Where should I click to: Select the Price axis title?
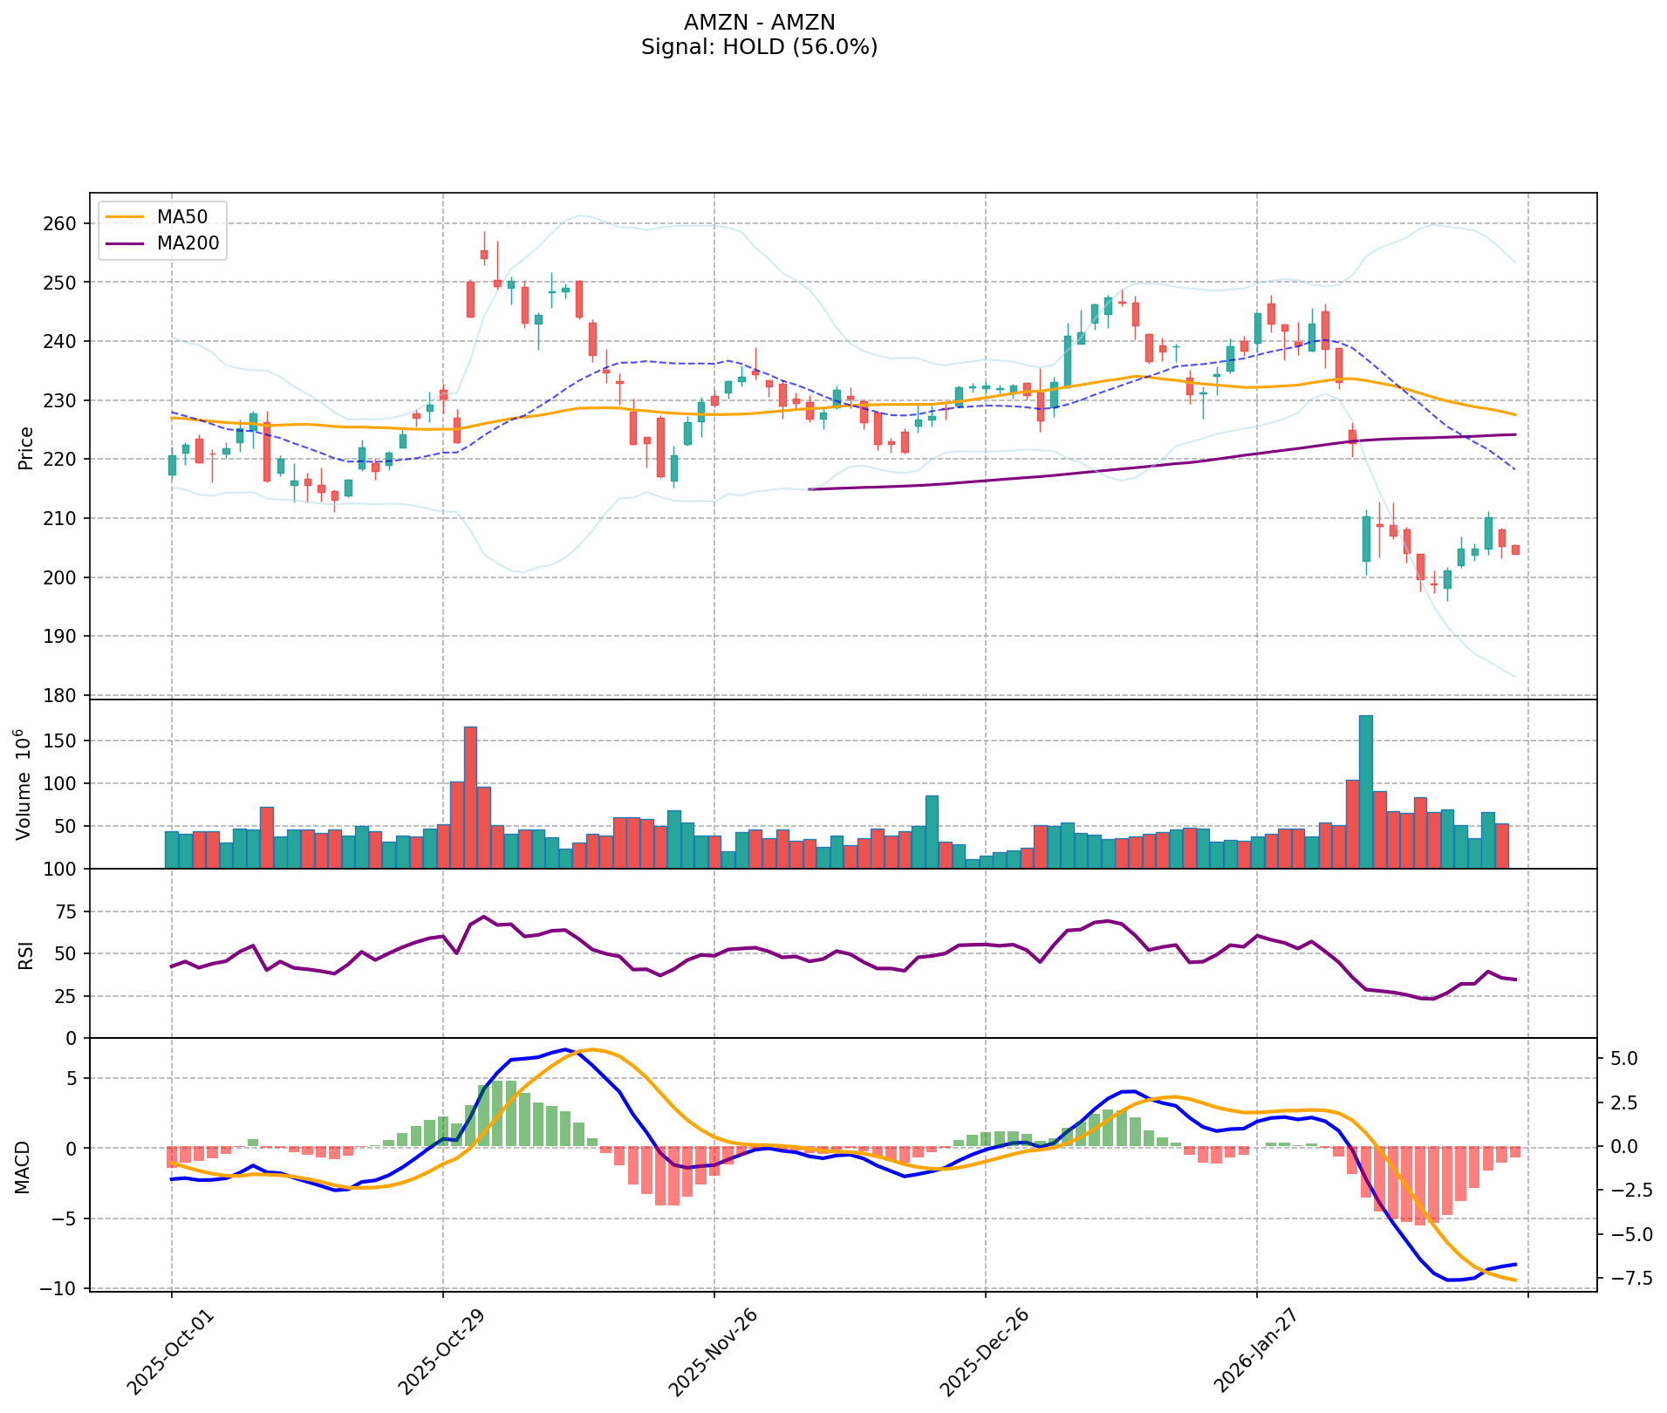coord(26,447)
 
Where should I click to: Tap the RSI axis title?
coord(26,954)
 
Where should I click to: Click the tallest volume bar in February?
coord(1365,791)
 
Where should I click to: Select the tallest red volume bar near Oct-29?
coord(470,797)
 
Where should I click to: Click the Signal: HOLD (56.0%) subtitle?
coord(759,47)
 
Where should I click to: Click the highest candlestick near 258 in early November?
coord(484,254)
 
